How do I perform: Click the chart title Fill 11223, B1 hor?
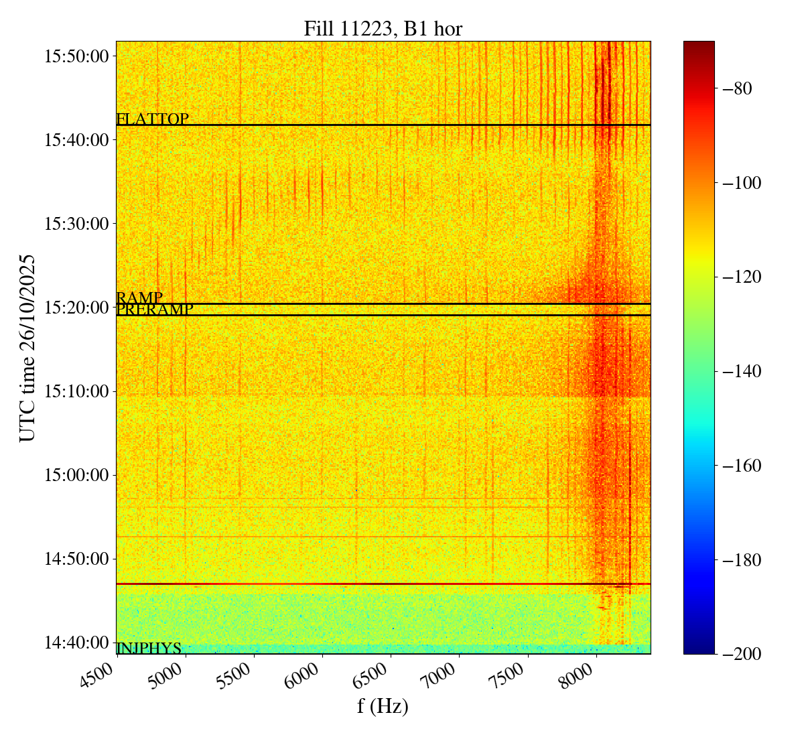(383, 29)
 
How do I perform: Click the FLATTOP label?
(152, 119)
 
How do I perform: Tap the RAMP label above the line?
(139, 297)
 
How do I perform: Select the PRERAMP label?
(155, 310)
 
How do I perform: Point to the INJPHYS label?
(149, 649)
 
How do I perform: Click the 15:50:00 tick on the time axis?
(76, 56)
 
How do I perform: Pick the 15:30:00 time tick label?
(76, 223)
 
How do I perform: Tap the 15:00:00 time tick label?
(76, 475)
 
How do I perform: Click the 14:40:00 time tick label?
(76, 643)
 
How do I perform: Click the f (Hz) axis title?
(383, 706)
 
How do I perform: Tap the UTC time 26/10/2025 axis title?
(27, 348)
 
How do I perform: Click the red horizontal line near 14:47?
(383, 584)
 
